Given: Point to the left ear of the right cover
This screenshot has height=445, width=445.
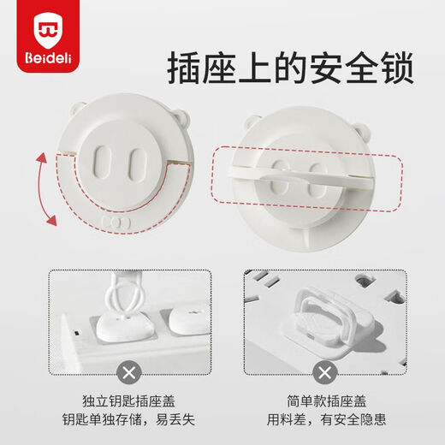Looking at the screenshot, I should coord(253,119).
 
